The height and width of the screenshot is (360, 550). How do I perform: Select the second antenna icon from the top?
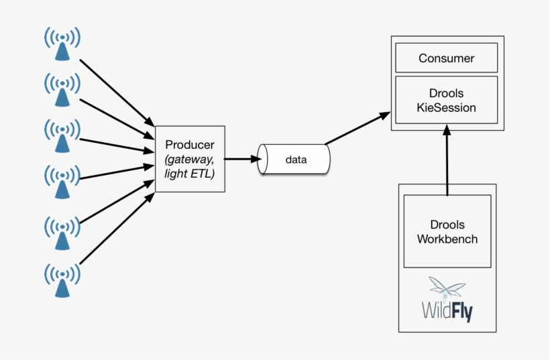click(x=62, y=89)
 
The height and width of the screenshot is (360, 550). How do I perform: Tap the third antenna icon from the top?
click(x=62, y=135)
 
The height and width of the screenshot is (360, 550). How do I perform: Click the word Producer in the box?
click(x=189, y=145)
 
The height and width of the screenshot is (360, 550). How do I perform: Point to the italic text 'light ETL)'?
click(x=189, y=173)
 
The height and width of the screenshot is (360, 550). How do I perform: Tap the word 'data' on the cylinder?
click(x=296, y=160)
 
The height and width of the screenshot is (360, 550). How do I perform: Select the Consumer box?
click(x=446, y=58)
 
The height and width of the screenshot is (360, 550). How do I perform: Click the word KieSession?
click(x=446, y=107)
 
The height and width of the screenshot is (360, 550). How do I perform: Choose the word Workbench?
click(x=447, y=239)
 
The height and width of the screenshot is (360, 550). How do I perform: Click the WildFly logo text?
click(x=447, y=311)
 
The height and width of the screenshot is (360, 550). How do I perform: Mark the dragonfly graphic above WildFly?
click(x=447, y=288)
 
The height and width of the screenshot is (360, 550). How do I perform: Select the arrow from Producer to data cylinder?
click(x=241, y=159)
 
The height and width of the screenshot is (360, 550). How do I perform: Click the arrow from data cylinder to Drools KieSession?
click(x=357, y=129)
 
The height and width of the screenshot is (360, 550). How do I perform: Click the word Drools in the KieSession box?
click(x=446, y=93)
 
